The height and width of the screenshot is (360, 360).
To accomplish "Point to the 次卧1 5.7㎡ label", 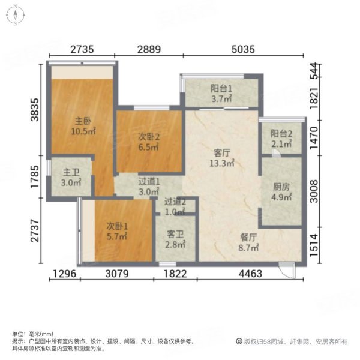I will [x=116, y=231].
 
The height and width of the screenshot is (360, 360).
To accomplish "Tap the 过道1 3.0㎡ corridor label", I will [x=149, y=186].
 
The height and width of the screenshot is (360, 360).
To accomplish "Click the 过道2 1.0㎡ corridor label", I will [x=175, y=207].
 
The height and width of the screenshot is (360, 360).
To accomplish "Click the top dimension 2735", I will [x=81, y=50].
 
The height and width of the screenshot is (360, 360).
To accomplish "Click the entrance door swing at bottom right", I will [x=290, y=272].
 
